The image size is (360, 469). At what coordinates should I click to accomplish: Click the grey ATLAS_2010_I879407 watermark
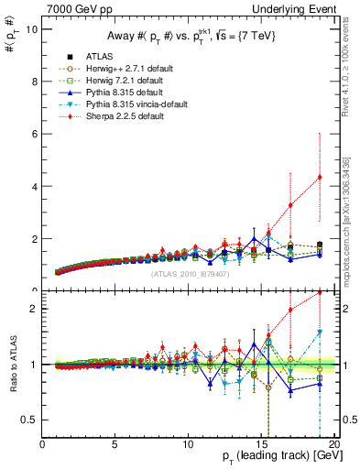pyautogui.click(x=189, y=273)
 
